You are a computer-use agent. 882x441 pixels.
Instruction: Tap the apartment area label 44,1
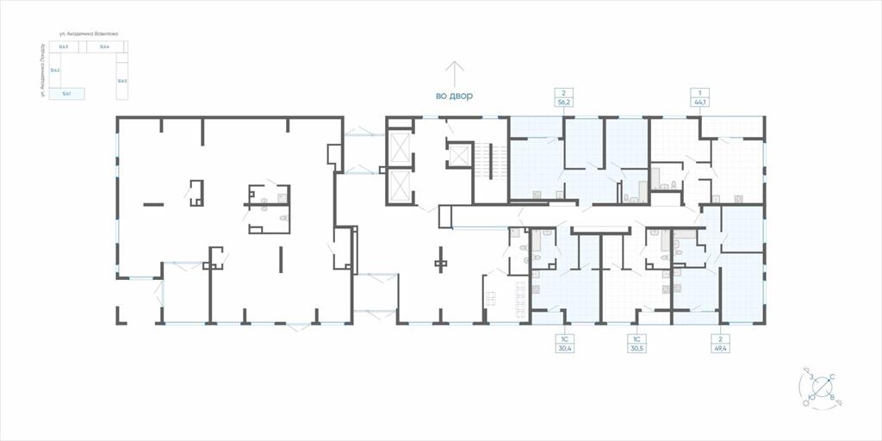coord(699,102)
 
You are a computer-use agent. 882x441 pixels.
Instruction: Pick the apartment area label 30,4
coord(565,348)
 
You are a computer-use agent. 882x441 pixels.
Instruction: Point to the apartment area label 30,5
coord(637,348)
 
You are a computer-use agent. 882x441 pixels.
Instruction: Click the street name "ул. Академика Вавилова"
coord(95,34)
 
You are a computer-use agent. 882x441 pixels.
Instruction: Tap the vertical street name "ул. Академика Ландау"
coord(41,74)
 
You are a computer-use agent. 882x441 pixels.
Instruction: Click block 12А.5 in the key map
coord(122,81)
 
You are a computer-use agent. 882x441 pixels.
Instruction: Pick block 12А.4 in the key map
coord(104,47)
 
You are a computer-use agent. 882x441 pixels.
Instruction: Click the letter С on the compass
coord(832,376)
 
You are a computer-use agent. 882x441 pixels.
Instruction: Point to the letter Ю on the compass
coord(812,397)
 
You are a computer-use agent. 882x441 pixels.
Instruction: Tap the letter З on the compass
coord(811,376)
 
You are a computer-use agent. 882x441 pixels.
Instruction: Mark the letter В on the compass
coord(832,397)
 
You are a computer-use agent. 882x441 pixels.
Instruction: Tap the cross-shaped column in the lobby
coord(441,262)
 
